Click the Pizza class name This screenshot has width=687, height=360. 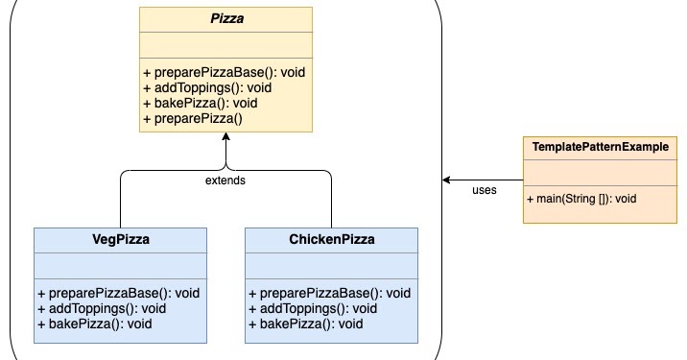click(225, 18)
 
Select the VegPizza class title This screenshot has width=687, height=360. click(120, 239)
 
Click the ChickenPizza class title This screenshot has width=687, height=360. click(331, 239)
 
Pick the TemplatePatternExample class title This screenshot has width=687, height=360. click(600, 148)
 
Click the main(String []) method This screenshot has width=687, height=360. click(581, 199)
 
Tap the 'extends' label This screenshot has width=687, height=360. click(225, 180)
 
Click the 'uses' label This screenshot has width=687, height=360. click(485, 190)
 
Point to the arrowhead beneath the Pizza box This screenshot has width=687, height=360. click(225, 138)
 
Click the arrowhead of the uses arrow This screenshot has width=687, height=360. click(447, 180)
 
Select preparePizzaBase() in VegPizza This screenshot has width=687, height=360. click(118, 293)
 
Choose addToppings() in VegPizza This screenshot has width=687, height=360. click(97, 308)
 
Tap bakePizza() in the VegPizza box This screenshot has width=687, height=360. click(93, 324)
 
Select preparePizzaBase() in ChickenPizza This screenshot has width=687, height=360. click(329, 293)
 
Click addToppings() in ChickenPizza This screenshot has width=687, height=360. click(308, 308)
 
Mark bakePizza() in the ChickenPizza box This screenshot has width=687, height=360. click(304, 324)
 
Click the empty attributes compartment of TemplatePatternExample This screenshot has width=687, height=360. click(600, 172)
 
